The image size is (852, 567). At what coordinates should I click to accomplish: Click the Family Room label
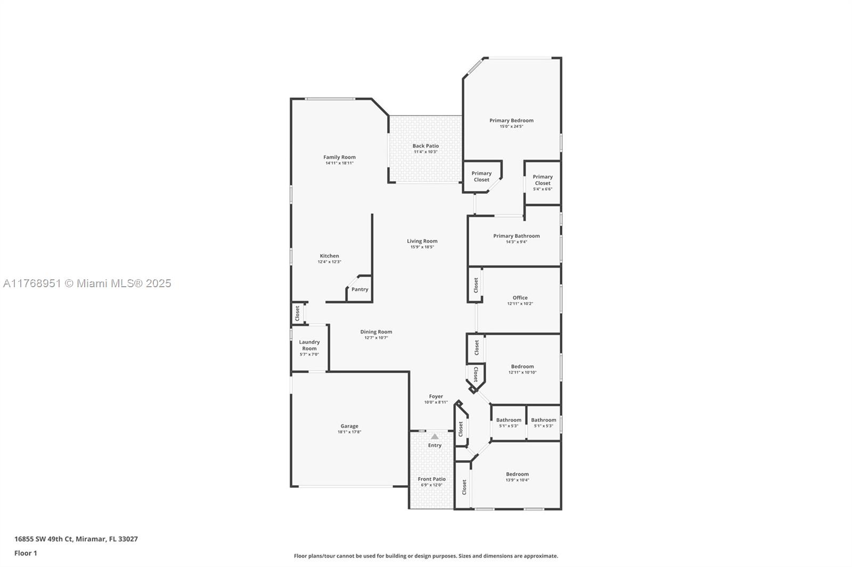[x=339, y=157]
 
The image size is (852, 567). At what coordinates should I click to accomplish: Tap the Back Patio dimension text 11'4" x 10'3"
[x=425, y=152]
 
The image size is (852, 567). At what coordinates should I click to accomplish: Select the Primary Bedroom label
[x=511, y=120]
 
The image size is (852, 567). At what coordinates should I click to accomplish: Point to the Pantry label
[x=360, y=289]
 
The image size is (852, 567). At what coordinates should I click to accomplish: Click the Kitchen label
[x=330, y=256]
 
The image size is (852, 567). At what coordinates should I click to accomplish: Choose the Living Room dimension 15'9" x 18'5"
[x=422, y=247]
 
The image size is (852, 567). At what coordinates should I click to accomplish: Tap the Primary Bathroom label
[x=517, y=236]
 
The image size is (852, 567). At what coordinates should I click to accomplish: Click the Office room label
[x=520, y=297]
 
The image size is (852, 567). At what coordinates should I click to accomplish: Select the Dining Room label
[x=376, y=332]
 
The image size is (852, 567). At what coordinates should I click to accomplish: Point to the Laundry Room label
[x=309, y=345]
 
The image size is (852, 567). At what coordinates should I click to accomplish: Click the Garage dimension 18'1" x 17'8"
[x=349, y=432]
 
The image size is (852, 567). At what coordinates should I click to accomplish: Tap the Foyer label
[x=436, y=396]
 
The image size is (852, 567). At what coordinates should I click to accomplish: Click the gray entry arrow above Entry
[x=435, y=437]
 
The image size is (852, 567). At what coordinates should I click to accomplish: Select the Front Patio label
[x=432, y=479]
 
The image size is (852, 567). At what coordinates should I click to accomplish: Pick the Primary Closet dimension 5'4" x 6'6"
[x=543, y=189]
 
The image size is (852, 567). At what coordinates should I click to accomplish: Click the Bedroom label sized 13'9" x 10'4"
[x=517, y=474]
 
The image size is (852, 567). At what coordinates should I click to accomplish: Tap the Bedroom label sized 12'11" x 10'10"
[x=522, y=366]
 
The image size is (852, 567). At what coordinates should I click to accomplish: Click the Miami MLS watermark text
[x=87, y=283]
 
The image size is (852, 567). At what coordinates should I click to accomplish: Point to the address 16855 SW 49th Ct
[x=43, y=539]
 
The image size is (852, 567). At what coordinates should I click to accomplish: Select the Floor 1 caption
[x=26, y=553]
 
